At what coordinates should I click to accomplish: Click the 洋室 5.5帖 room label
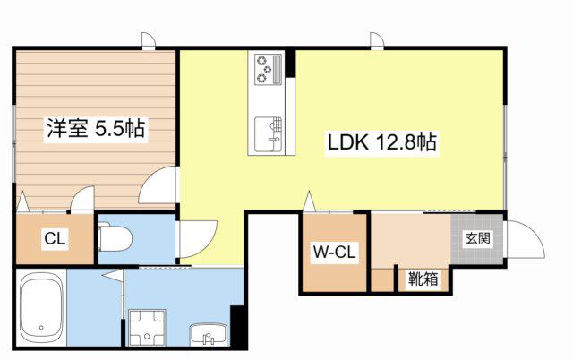tap(96, 128)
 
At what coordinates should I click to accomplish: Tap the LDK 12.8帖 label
tap(382, 142)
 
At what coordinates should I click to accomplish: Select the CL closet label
tap(55, 239)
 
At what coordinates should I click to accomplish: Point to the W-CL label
tap(334, 252)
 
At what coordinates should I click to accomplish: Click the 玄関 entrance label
tap(477, 238)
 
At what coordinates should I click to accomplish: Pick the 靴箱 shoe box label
tap(423, 279)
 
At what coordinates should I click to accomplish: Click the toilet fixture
tap(115, 239)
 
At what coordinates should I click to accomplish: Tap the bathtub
tap(41, 308)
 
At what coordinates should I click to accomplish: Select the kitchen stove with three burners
tap(269, 70)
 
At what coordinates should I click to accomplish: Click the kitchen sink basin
tap(269, 133)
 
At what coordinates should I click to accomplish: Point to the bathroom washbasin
tap(209, 334)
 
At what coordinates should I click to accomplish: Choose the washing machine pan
tap(147, 328)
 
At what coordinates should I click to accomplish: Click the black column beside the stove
tap(290, 63)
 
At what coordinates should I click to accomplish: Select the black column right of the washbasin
tap(238, 326)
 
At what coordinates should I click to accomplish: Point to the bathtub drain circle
tap(41, 328)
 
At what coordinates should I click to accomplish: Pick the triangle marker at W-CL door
tap(309, 201)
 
